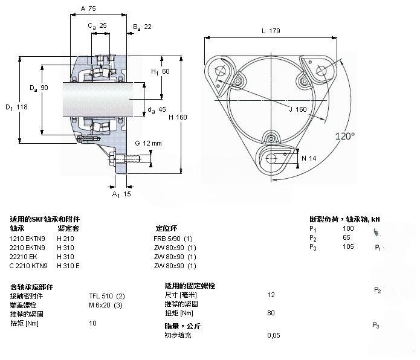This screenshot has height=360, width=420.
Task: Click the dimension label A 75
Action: click(88, 8)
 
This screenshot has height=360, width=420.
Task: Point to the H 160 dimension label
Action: click(178, 117)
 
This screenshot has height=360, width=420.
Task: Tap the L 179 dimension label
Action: click(271, 31)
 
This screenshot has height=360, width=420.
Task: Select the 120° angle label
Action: click(345, 137)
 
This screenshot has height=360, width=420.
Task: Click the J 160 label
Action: click(298, 109)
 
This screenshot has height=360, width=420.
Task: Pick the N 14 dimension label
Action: click(309, 158)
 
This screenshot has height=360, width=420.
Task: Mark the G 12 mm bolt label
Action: click(148, 143)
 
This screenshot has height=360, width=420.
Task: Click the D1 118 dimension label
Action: click(16, 108)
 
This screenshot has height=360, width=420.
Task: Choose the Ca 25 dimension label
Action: click(97, 26)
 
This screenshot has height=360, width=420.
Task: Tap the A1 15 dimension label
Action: click(121, 194)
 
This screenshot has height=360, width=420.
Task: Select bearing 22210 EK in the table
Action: click(23, 257)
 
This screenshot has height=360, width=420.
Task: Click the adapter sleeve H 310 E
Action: click(68, 266)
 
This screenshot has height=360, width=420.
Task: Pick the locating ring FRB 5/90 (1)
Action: click(173, 239)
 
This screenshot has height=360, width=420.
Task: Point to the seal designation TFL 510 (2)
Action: click(107, 296)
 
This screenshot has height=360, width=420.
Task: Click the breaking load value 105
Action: click(348, 246)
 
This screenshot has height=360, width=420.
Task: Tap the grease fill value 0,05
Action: click(274, 335)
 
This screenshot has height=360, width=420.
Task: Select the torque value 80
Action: click(271, 313)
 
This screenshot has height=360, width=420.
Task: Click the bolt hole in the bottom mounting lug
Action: click(271, 158)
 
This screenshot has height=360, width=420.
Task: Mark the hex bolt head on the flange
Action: click(112, 159)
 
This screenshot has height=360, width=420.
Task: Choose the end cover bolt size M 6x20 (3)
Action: click(106, 305)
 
